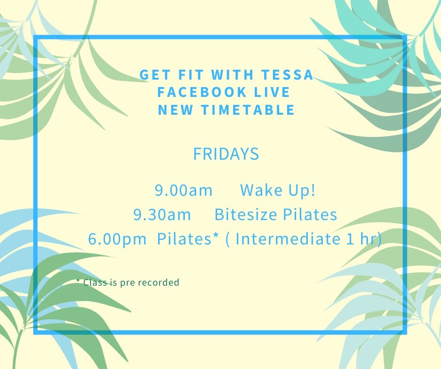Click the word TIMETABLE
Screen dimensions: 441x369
click(248, 110)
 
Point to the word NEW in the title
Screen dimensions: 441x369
click(175, 110)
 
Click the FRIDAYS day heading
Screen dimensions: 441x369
click(226, 154)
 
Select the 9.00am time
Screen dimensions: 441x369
click(183, 190)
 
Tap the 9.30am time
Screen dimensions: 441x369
click(162, 214)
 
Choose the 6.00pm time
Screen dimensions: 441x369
click(117, 239)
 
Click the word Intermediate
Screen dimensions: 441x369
click(288, 239)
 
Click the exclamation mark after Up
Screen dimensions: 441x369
click(313, 190)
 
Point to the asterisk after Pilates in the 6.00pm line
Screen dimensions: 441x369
click(215, 236)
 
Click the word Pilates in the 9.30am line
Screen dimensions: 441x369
click(310, 214)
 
